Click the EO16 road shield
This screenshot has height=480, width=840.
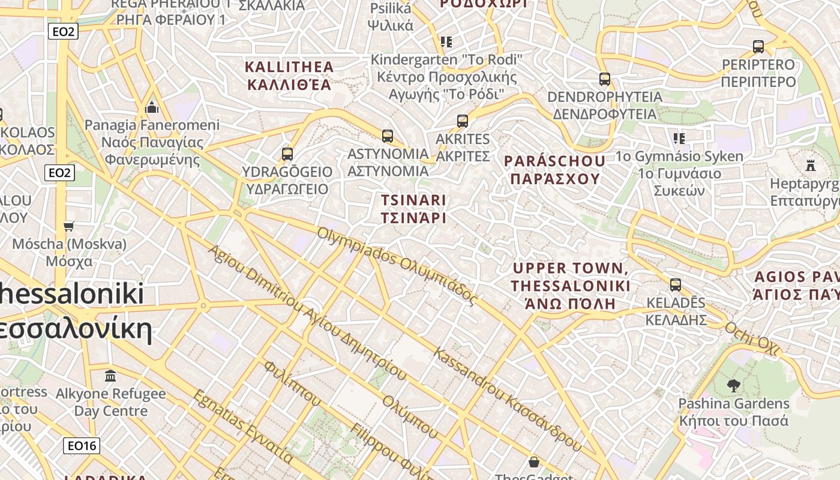(82, 446)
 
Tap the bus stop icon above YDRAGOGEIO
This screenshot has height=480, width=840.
(287, 154)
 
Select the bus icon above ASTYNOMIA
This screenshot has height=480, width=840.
(388, 136)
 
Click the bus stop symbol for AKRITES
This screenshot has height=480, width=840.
(463, 121)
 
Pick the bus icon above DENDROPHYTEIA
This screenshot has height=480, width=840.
(605, 79)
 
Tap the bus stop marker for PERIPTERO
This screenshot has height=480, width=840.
(758, 47)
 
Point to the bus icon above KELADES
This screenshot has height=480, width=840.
(676, 285)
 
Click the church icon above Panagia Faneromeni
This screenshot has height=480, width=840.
(152, 108)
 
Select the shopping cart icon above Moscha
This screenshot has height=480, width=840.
(69, 226)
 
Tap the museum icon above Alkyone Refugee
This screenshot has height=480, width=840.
(110, 376)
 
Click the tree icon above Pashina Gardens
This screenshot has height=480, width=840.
(733, 385)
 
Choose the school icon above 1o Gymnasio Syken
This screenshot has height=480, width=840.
(679, 139)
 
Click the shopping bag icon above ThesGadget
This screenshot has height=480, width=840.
(533, 462)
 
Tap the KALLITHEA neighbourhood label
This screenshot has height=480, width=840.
(289, 75)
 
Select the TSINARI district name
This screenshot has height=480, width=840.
(414, 208)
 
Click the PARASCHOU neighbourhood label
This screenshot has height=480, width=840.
(554, 170)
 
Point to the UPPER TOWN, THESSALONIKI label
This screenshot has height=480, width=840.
(570, 286)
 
